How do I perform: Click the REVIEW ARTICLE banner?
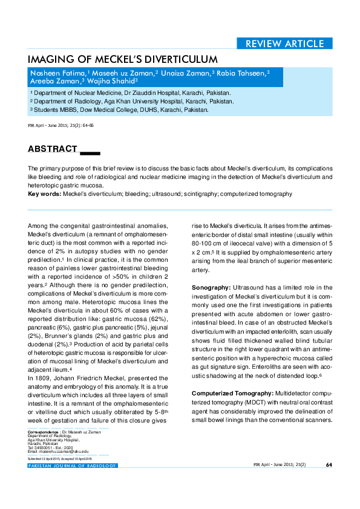(284, 44)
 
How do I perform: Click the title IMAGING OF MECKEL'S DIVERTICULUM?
(123, 59)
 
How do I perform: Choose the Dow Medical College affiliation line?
(121, 110)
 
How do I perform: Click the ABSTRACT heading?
(53, 149)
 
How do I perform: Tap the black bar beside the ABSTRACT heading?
(90, 151)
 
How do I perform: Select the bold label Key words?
(45, 194)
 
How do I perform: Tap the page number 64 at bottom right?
(329, 465)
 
